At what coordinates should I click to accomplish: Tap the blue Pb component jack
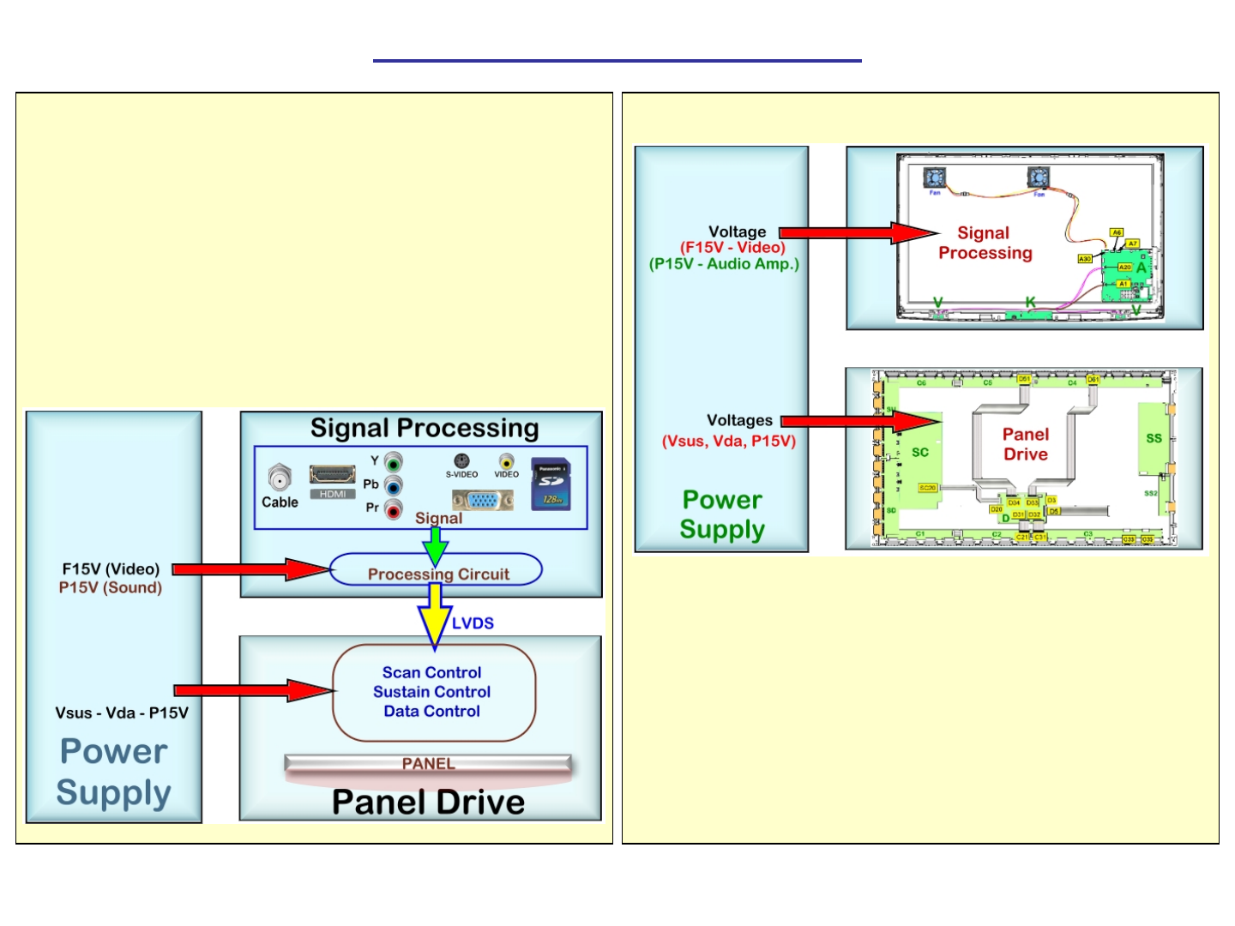coord(394,486)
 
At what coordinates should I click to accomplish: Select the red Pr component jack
coord(394,510)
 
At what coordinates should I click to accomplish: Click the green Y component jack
coord(394,462)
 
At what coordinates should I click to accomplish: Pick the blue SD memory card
coord(551,484)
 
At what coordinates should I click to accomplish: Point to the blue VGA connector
coord(483,500)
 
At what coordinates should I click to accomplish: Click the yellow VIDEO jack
coord(507,461)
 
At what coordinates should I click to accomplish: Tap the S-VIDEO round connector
coord(461,461)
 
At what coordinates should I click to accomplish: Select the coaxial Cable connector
coord(280,477)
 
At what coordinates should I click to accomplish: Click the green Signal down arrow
coord(436,544)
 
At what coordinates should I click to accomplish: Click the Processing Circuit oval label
coord(437,574)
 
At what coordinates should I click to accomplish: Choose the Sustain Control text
coord(431,692)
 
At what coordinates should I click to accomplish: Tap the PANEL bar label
coord(428,764)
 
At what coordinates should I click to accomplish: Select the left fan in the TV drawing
coord(934,177)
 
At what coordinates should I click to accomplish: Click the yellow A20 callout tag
coord(1124,268)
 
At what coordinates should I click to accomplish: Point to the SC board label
coord(920,452)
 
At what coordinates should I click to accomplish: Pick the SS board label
coord(1154,438)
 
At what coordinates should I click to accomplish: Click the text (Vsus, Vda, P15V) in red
coord(729,442)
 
